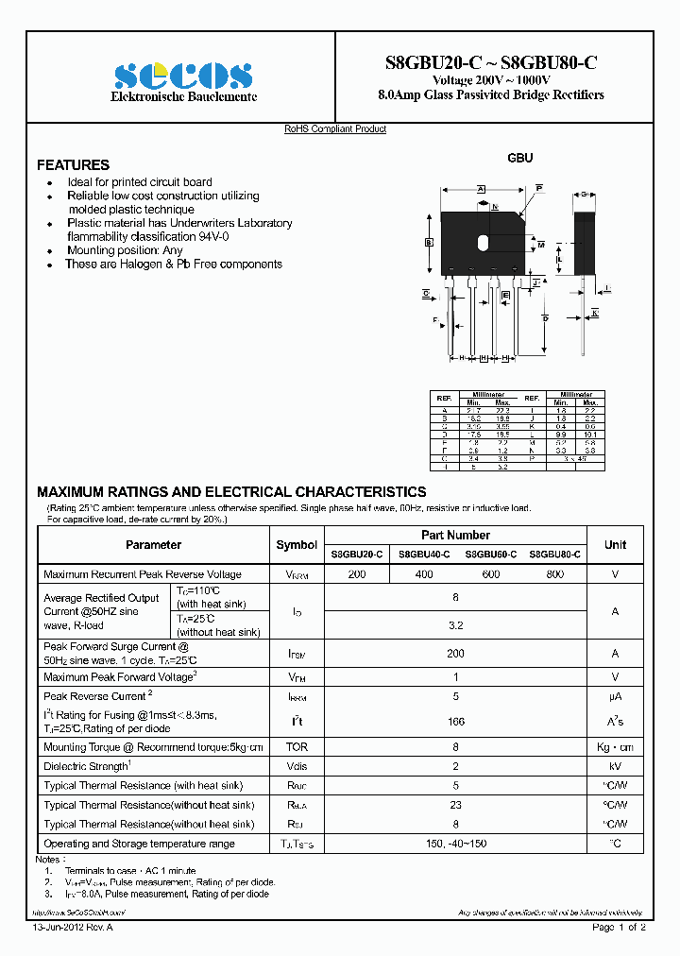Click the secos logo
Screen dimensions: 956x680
pos(182,75)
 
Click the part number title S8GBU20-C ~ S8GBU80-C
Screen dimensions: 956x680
pos(490,63)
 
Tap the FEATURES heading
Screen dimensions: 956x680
pos(73,164)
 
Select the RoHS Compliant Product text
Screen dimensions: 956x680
pos(335,129)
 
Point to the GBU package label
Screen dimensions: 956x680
pos(520,158)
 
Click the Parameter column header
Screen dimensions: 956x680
pos(153,545)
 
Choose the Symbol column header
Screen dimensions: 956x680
pos(297,545)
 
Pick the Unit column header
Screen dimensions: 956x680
pos(615,545)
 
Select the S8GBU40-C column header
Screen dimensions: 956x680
pos(424,555)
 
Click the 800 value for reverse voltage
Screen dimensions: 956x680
pos(556,574)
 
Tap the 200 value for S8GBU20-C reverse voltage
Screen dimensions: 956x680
pos(357,574)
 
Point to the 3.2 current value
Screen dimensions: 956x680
pos(455,625)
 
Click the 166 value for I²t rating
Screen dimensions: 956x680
pos(455,721)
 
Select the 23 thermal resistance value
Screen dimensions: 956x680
pos(455,805)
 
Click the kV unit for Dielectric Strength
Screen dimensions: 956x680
pos(615,766)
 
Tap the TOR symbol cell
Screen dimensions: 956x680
pos(297,746)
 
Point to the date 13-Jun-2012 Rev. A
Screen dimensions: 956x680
pos(73,927)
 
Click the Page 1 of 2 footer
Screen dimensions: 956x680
pos(619,927)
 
